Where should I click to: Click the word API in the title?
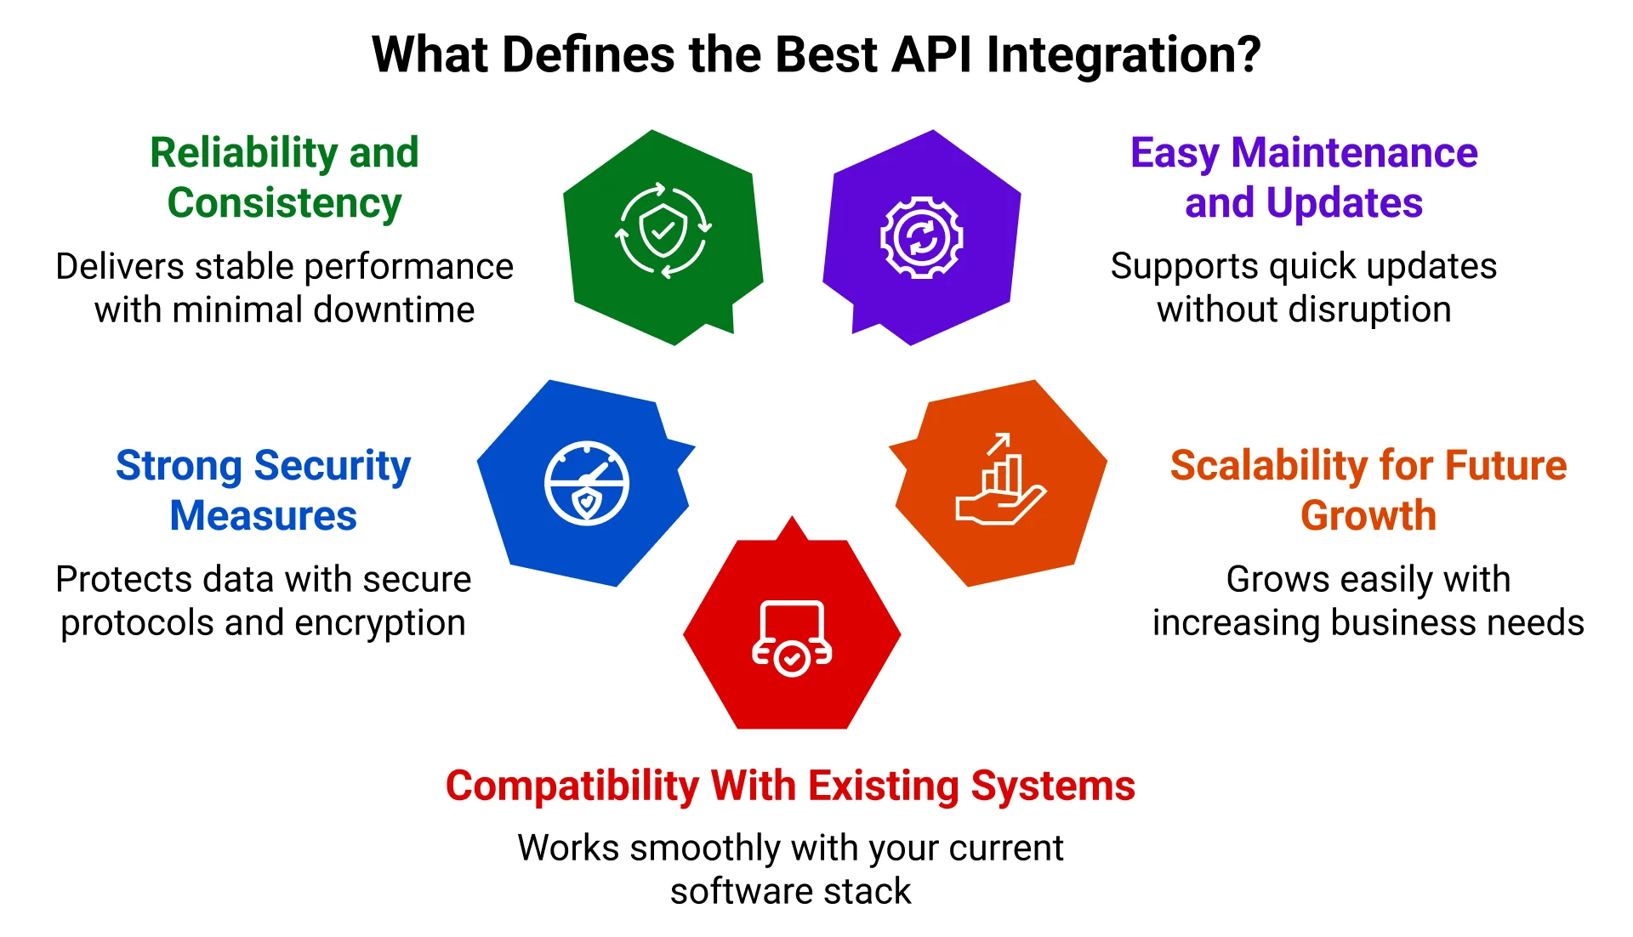[931, 55]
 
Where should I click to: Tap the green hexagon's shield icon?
[663, 230]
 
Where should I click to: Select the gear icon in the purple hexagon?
[921, 237]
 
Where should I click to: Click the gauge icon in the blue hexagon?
[587, 483]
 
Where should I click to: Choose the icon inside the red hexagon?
[792, 638]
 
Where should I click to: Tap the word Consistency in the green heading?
[284, 204]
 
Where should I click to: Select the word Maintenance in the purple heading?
[1354, 154]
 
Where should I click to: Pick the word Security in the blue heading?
[332, 466]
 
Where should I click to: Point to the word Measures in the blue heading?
[263, 516]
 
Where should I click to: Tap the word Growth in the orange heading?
[1368, 516]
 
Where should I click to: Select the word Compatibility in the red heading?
[572, 787]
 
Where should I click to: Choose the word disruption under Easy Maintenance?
[1369, 310]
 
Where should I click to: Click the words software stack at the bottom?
[790, 892]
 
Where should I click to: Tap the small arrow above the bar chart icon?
[998, 443]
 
